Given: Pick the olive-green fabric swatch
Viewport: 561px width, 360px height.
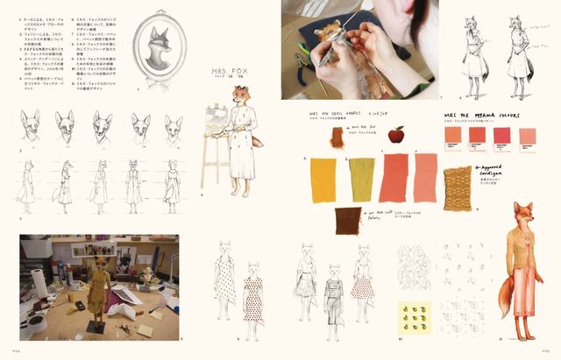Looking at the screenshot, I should pos(363,178).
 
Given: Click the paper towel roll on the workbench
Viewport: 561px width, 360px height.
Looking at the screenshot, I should pos(39,284).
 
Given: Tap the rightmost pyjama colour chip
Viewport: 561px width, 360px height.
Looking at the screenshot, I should pos(528,135).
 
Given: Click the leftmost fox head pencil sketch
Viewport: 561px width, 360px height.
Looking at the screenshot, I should pos(32,129).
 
